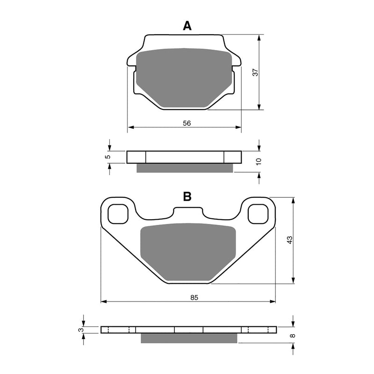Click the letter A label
point(187,26)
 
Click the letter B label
point(187,197)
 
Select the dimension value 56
point(187,123)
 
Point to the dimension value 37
point(255,72)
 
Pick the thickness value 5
point(107,157)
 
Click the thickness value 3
point(81,330)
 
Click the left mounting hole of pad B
point(117,214)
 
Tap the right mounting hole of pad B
point(259,214)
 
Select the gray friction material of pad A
point(185,77)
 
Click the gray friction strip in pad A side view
point(184,168)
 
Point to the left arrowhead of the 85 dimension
point(104,302)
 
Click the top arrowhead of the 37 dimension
point(259,37)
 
